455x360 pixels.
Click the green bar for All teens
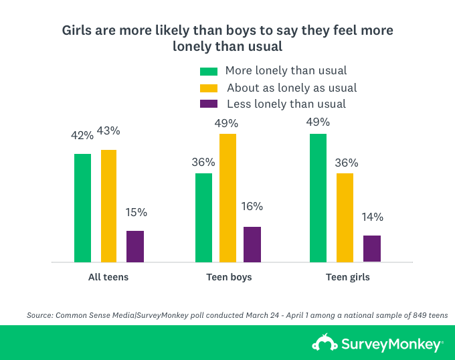82,207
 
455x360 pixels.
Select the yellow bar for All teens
108,205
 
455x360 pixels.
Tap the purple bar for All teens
135,246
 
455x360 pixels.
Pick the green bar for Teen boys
203,217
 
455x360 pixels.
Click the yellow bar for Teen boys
227,197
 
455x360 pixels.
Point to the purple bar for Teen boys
252,244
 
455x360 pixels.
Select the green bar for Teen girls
318,197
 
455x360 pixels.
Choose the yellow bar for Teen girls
345,217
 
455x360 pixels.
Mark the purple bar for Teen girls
371,248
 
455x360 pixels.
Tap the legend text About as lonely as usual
291,88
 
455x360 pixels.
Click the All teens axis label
108,276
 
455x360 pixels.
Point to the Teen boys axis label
228,276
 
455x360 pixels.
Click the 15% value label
136,212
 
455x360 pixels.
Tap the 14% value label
372,217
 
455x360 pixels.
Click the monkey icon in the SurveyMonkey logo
325,343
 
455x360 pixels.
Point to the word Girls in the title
78,31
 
